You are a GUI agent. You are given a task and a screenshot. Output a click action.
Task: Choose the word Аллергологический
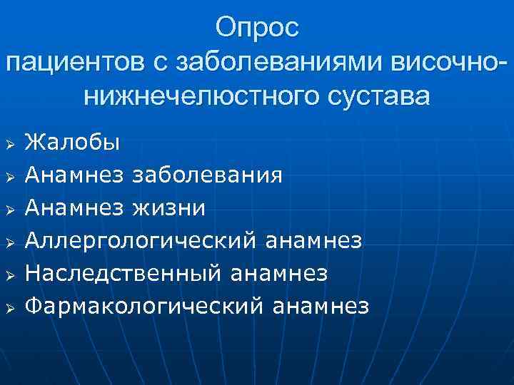pos(141,240)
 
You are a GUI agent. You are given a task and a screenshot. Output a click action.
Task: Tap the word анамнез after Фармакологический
pos(321,306)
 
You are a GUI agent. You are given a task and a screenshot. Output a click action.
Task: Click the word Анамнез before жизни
pos(75,207)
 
